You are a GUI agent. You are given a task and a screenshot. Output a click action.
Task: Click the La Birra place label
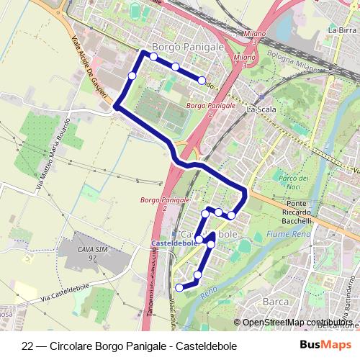pyautogui.click(x=341, y=30)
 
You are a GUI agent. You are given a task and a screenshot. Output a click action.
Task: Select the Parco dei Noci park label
pyautogui.click(x=293, y=182)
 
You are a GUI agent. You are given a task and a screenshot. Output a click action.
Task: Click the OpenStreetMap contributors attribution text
pyautogui.click(x=296, y=323)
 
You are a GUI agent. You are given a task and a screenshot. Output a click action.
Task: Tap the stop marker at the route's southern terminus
pyautogui.click(x=179, y=288)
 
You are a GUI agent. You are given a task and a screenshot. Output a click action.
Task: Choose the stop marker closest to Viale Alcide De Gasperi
pyautogui.click(x=132, y=76)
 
